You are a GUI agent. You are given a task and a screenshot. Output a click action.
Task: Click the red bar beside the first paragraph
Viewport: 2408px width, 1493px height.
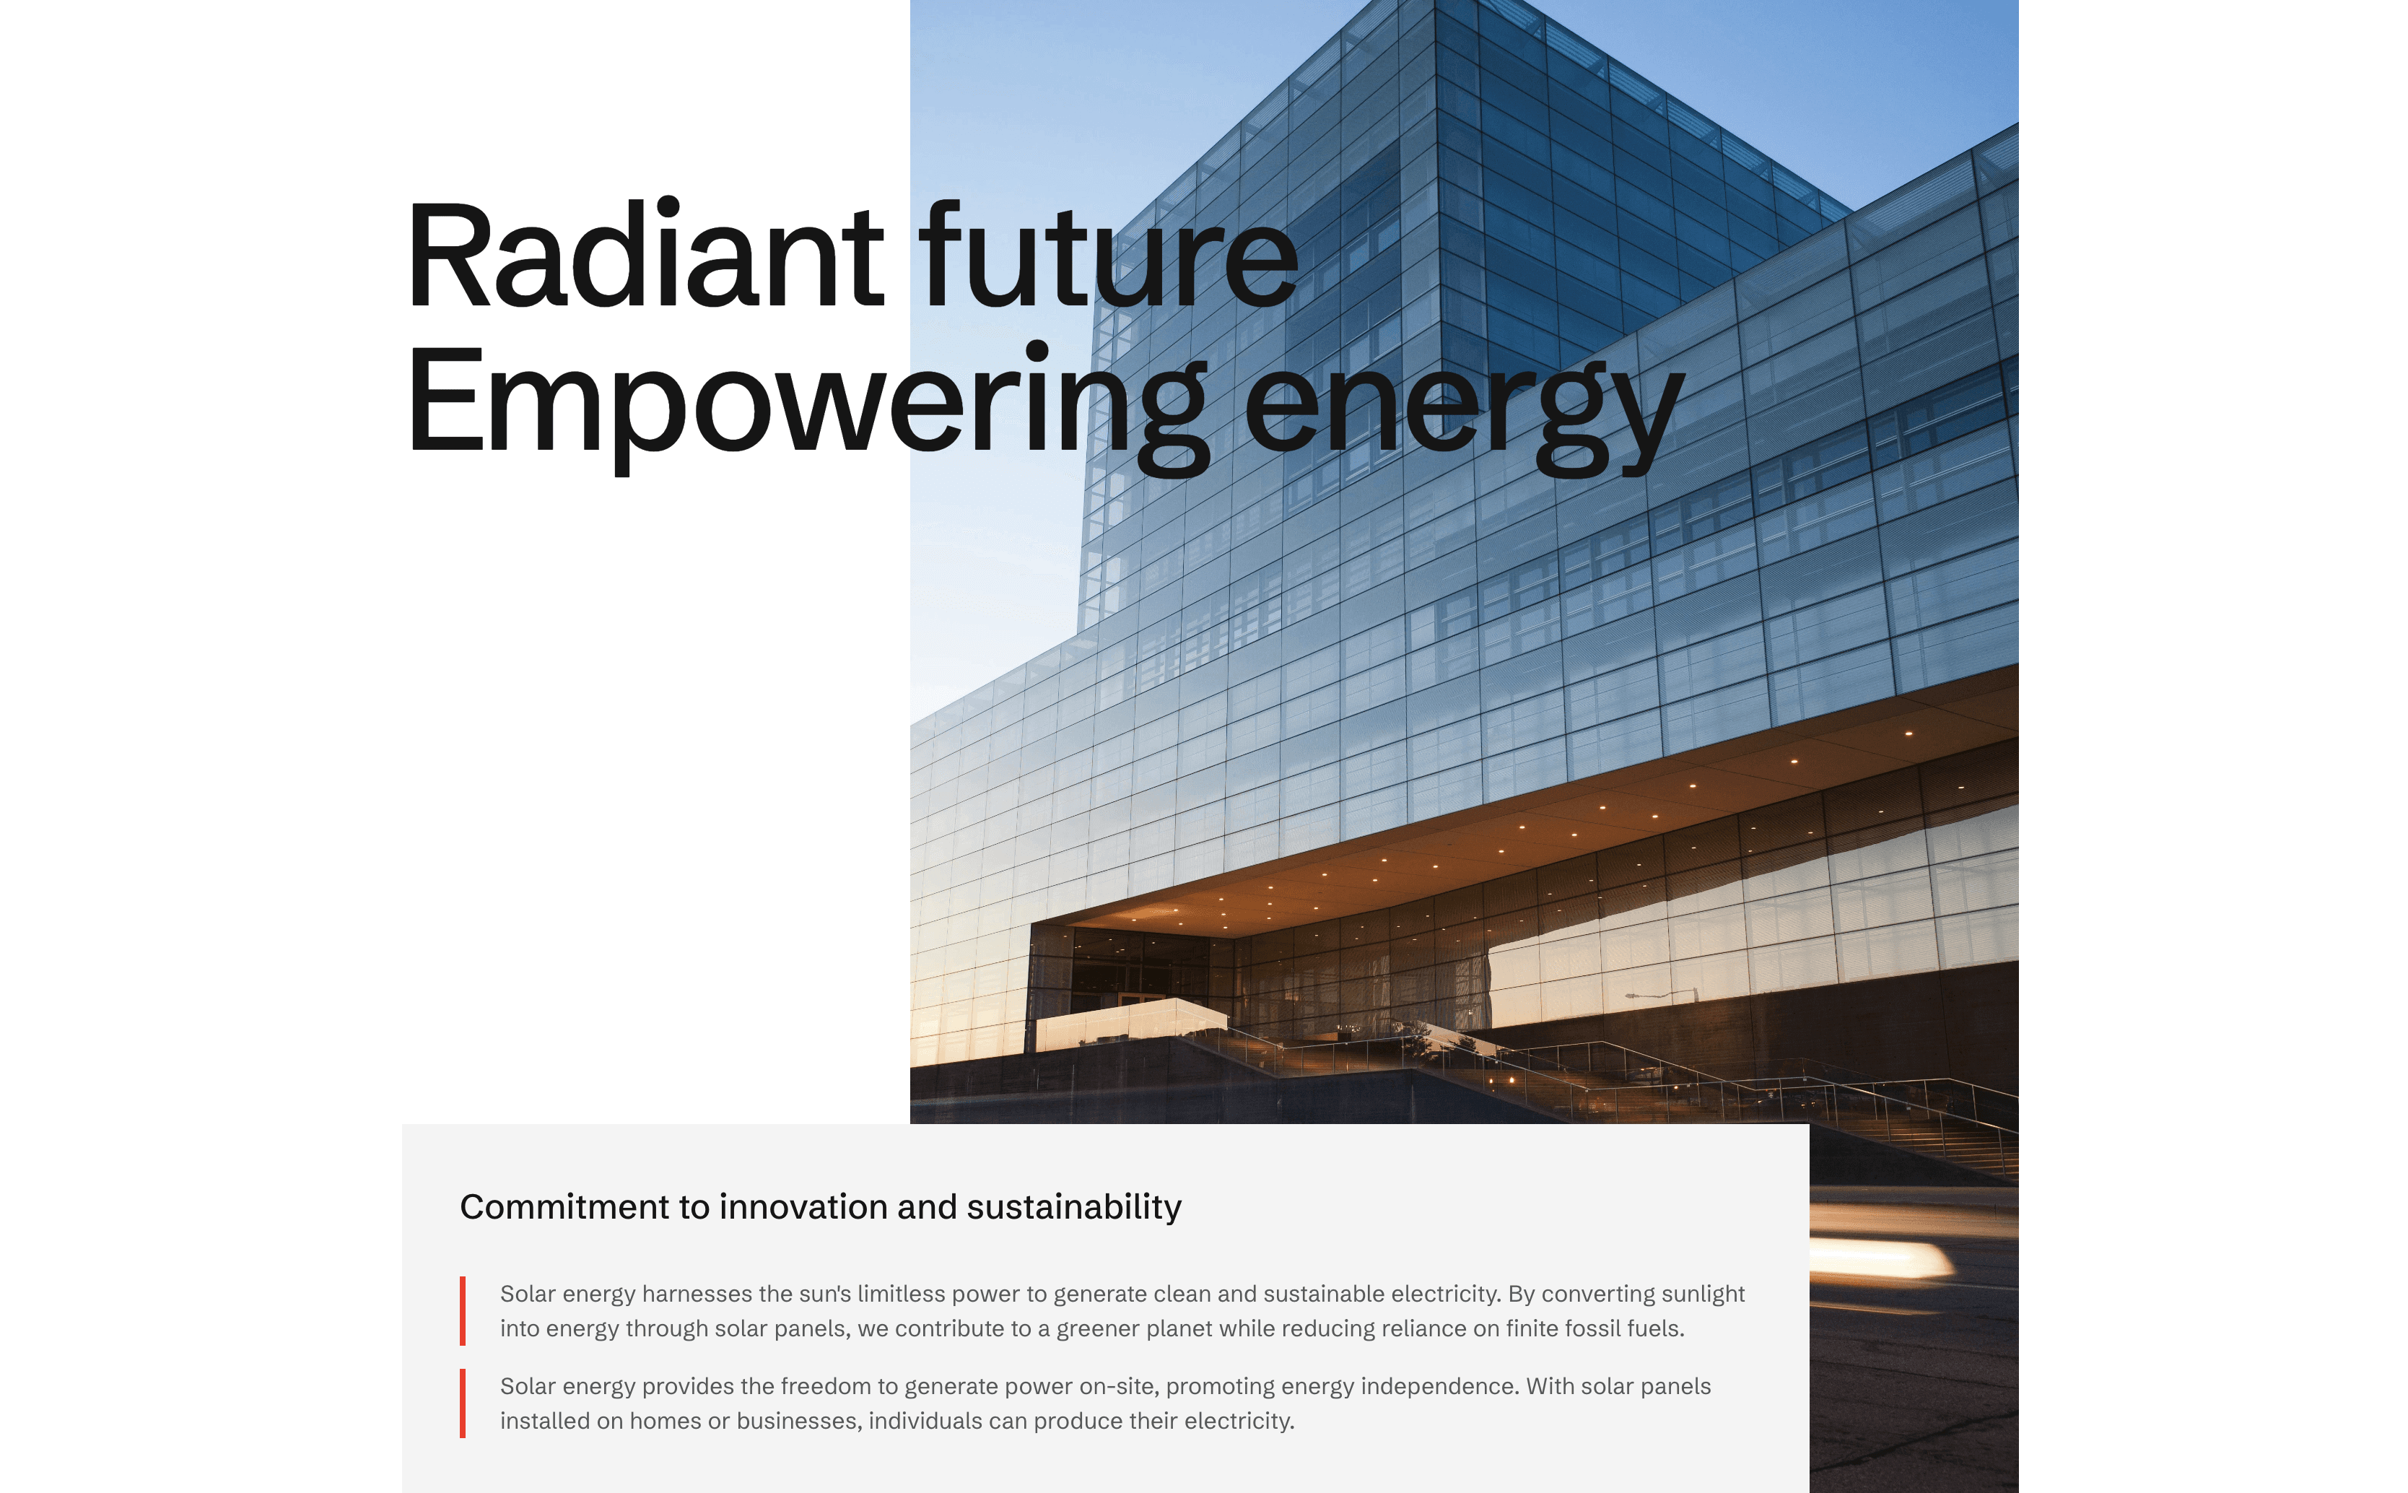pyautogui.click(x=462, y=1310)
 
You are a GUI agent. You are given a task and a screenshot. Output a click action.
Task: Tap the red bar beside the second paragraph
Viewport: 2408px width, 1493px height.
pyautogui.click(x=462, y=1403)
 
